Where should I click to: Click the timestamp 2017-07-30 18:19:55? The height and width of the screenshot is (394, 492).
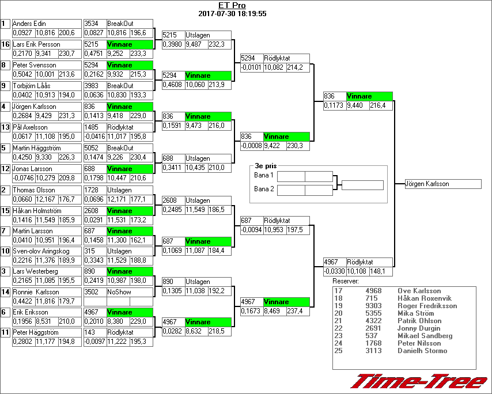tap(232, 13)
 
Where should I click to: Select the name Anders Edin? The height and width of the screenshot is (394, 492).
tap(29, 23)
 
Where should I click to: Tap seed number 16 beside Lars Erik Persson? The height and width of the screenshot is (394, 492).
tap(5, 44)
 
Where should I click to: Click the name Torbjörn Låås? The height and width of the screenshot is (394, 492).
tap(32, 86)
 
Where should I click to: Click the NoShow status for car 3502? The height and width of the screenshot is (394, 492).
tap(119, 292)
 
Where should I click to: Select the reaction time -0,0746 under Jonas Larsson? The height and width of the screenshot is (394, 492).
tap(23, 178)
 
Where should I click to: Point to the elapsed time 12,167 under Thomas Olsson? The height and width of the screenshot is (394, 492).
tap(46, 199)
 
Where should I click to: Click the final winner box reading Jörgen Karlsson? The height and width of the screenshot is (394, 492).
tap(442, 184)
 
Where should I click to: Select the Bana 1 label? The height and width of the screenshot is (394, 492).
tap(264, 175)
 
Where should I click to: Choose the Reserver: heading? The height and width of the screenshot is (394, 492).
tap(346, 281)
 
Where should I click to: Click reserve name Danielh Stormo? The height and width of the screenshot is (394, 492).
tap(422, 351)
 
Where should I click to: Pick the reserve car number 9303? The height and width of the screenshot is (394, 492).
tap(373, 306)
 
